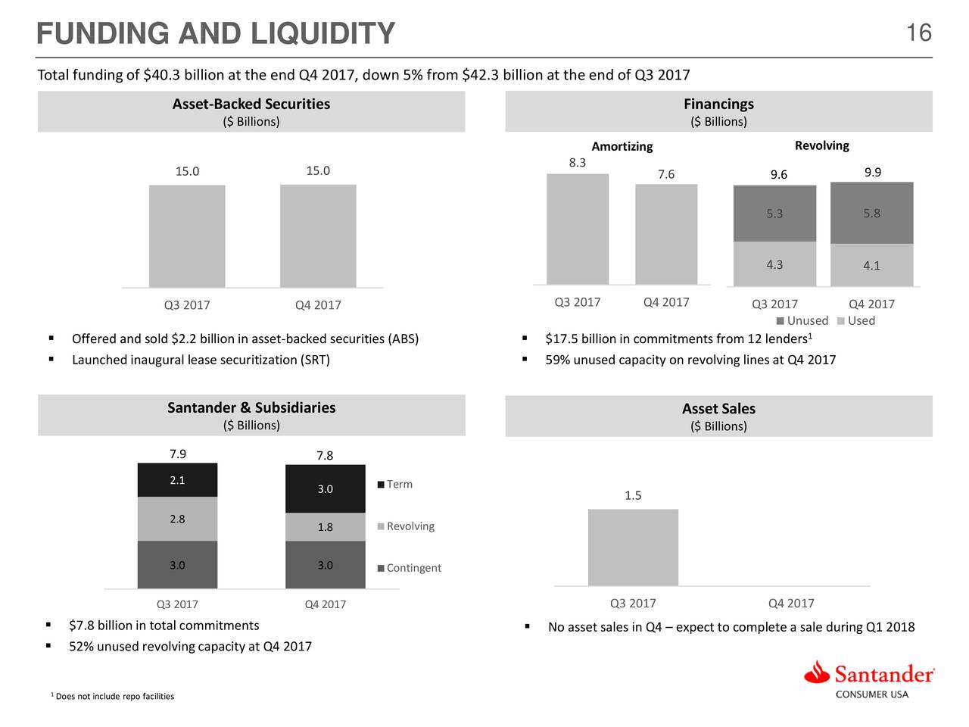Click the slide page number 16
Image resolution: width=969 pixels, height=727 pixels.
pos(918,33)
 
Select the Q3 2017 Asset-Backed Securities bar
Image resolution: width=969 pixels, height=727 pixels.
pos(187,236)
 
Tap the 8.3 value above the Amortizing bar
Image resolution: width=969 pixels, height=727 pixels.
pos(577,163)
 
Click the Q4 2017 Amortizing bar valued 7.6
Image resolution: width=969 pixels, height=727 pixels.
pos(666,234)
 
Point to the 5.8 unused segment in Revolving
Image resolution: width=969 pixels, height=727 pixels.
pos(871,214)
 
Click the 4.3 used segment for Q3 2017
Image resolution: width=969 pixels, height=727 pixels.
pos(774,264)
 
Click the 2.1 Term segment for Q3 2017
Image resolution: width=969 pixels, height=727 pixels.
pos(177,480)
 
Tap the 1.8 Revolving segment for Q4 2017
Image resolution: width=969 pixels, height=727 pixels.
pos(325,527)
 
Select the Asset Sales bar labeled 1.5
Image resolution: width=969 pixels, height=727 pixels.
pos(633,547)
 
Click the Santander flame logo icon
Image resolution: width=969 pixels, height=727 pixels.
pos(817,672)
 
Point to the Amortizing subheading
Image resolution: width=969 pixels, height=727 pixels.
pos(622,146)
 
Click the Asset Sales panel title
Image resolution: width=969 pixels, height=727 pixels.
pos(718,409)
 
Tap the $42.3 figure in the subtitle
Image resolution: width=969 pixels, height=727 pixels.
pos(479,75)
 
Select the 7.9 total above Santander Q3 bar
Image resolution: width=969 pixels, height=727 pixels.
pos(177,454)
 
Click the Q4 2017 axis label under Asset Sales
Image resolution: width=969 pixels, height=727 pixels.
pos(791,603)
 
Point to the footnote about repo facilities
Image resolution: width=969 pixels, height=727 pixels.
pos(114,696)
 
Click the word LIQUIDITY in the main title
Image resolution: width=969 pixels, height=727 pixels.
pos(322,34)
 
